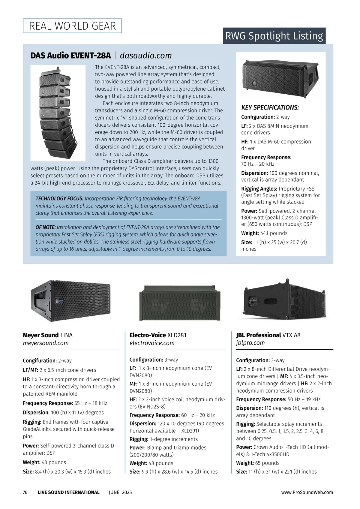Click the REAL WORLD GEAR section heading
tap(72, 26)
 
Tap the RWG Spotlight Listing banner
tap(274, 36)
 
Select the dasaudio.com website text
tap(146, 56)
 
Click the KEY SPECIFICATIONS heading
tap(270, 107)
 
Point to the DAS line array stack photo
tap(58, 113)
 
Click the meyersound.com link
tap(46, 343)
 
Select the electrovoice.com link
tap(152, 343)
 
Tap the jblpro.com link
tap(250, 343)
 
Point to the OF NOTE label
tap(46, 227)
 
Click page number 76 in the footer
tap(25, 492)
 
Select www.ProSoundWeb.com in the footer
tap(307, 492)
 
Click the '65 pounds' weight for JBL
tap(267, 463)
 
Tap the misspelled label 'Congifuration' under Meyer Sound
tap(40, 361)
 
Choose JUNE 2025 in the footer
tap(120, 492)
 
